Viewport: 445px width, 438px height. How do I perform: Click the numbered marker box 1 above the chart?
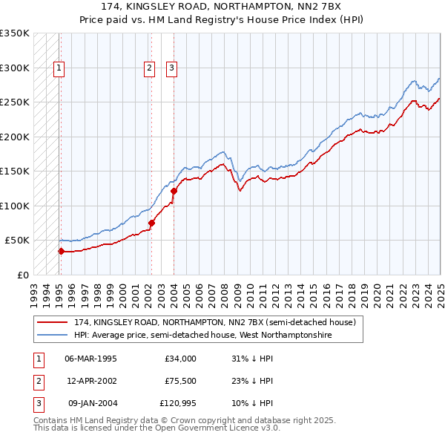[59, 68]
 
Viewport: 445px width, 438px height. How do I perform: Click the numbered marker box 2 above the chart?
[150, 68]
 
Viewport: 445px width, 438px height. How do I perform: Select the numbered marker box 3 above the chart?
[171, 68]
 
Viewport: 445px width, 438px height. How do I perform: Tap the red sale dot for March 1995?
[61, 251]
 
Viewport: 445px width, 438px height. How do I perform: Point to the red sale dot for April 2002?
[151, 223]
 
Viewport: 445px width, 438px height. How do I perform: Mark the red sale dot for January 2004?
[174, 191]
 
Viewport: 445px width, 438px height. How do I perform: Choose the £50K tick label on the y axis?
[16, 241]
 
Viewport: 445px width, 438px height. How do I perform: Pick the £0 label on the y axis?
[22, 275]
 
